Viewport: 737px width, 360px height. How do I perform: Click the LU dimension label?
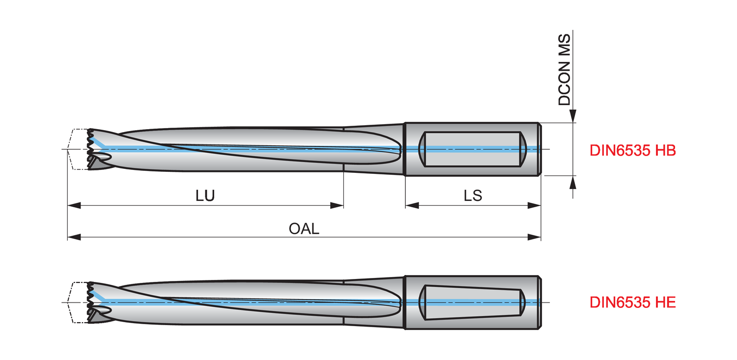coord(205,195)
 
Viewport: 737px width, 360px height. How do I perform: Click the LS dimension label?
coord(473,195)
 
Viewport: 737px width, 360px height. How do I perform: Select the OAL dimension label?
coord(304,228)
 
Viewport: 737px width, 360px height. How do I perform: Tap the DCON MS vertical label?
coord(565,69)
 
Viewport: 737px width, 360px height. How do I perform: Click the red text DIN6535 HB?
coord(633,151)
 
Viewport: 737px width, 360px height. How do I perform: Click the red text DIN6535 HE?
coord(633,303)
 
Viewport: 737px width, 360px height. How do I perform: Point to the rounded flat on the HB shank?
coord(472,149)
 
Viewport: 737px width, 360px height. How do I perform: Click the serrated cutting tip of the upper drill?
coord(91,149)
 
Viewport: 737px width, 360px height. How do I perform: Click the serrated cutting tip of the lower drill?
coord(91,302)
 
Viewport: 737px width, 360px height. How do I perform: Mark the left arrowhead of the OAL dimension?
coord(74,238)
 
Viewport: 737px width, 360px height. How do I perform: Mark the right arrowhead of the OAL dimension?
coord(535,238)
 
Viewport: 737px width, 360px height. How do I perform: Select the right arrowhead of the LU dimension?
coord(337,205)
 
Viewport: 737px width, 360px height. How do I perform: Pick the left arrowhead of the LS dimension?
coord(412,205)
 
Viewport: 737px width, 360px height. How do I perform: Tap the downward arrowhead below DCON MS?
coord(573,116)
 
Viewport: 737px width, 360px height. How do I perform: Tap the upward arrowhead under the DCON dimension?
coord(573,182)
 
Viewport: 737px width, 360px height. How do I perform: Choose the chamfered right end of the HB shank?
coord(540,149)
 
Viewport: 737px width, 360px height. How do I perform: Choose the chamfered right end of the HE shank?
coord(540,302)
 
